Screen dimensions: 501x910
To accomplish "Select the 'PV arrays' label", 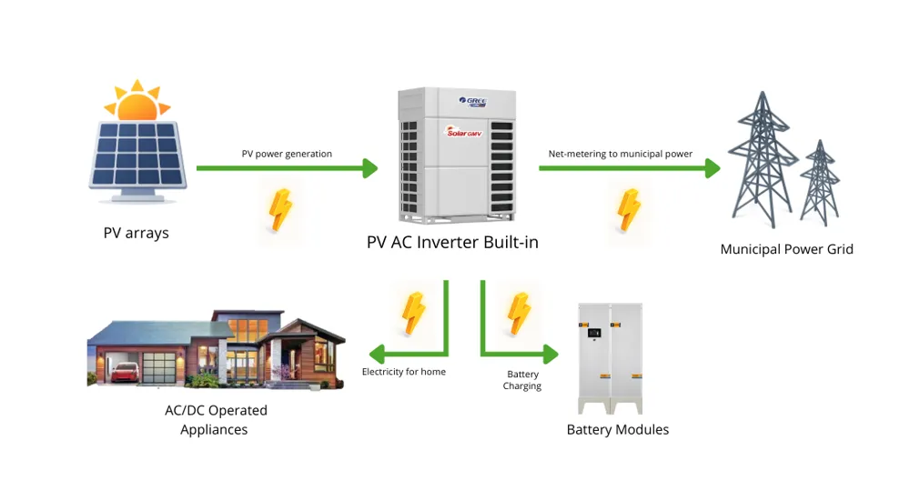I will tap(136, 233).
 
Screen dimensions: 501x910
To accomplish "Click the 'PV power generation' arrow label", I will tap(287, 154).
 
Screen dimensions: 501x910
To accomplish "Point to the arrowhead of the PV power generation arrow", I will tap(369, 168).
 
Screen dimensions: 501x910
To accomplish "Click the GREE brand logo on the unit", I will tap(474, 101).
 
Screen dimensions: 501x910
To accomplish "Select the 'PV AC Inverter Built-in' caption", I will tap(452, 243).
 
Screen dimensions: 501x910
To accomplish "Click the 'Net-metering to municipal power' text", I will tap(620, 154).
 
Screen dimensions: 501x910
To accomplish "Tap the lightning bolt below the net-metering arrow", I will tap(629, 210).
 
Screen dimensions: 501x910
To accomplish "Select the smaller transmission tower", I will tap(820, 182).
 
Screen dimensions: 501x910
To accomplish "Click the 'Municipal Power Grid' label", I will tap(786, 249).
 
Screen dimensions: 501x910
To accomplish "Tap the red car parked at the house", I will tap(127, 369).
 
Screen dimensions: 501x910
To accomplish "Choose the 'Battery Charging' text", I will tap(522, 380).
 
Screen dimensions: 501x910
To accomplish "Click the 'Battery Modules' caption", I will tap(617, 429).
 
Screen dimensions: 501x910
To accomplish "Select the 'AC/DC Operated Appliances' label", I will tap(215, 420).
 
